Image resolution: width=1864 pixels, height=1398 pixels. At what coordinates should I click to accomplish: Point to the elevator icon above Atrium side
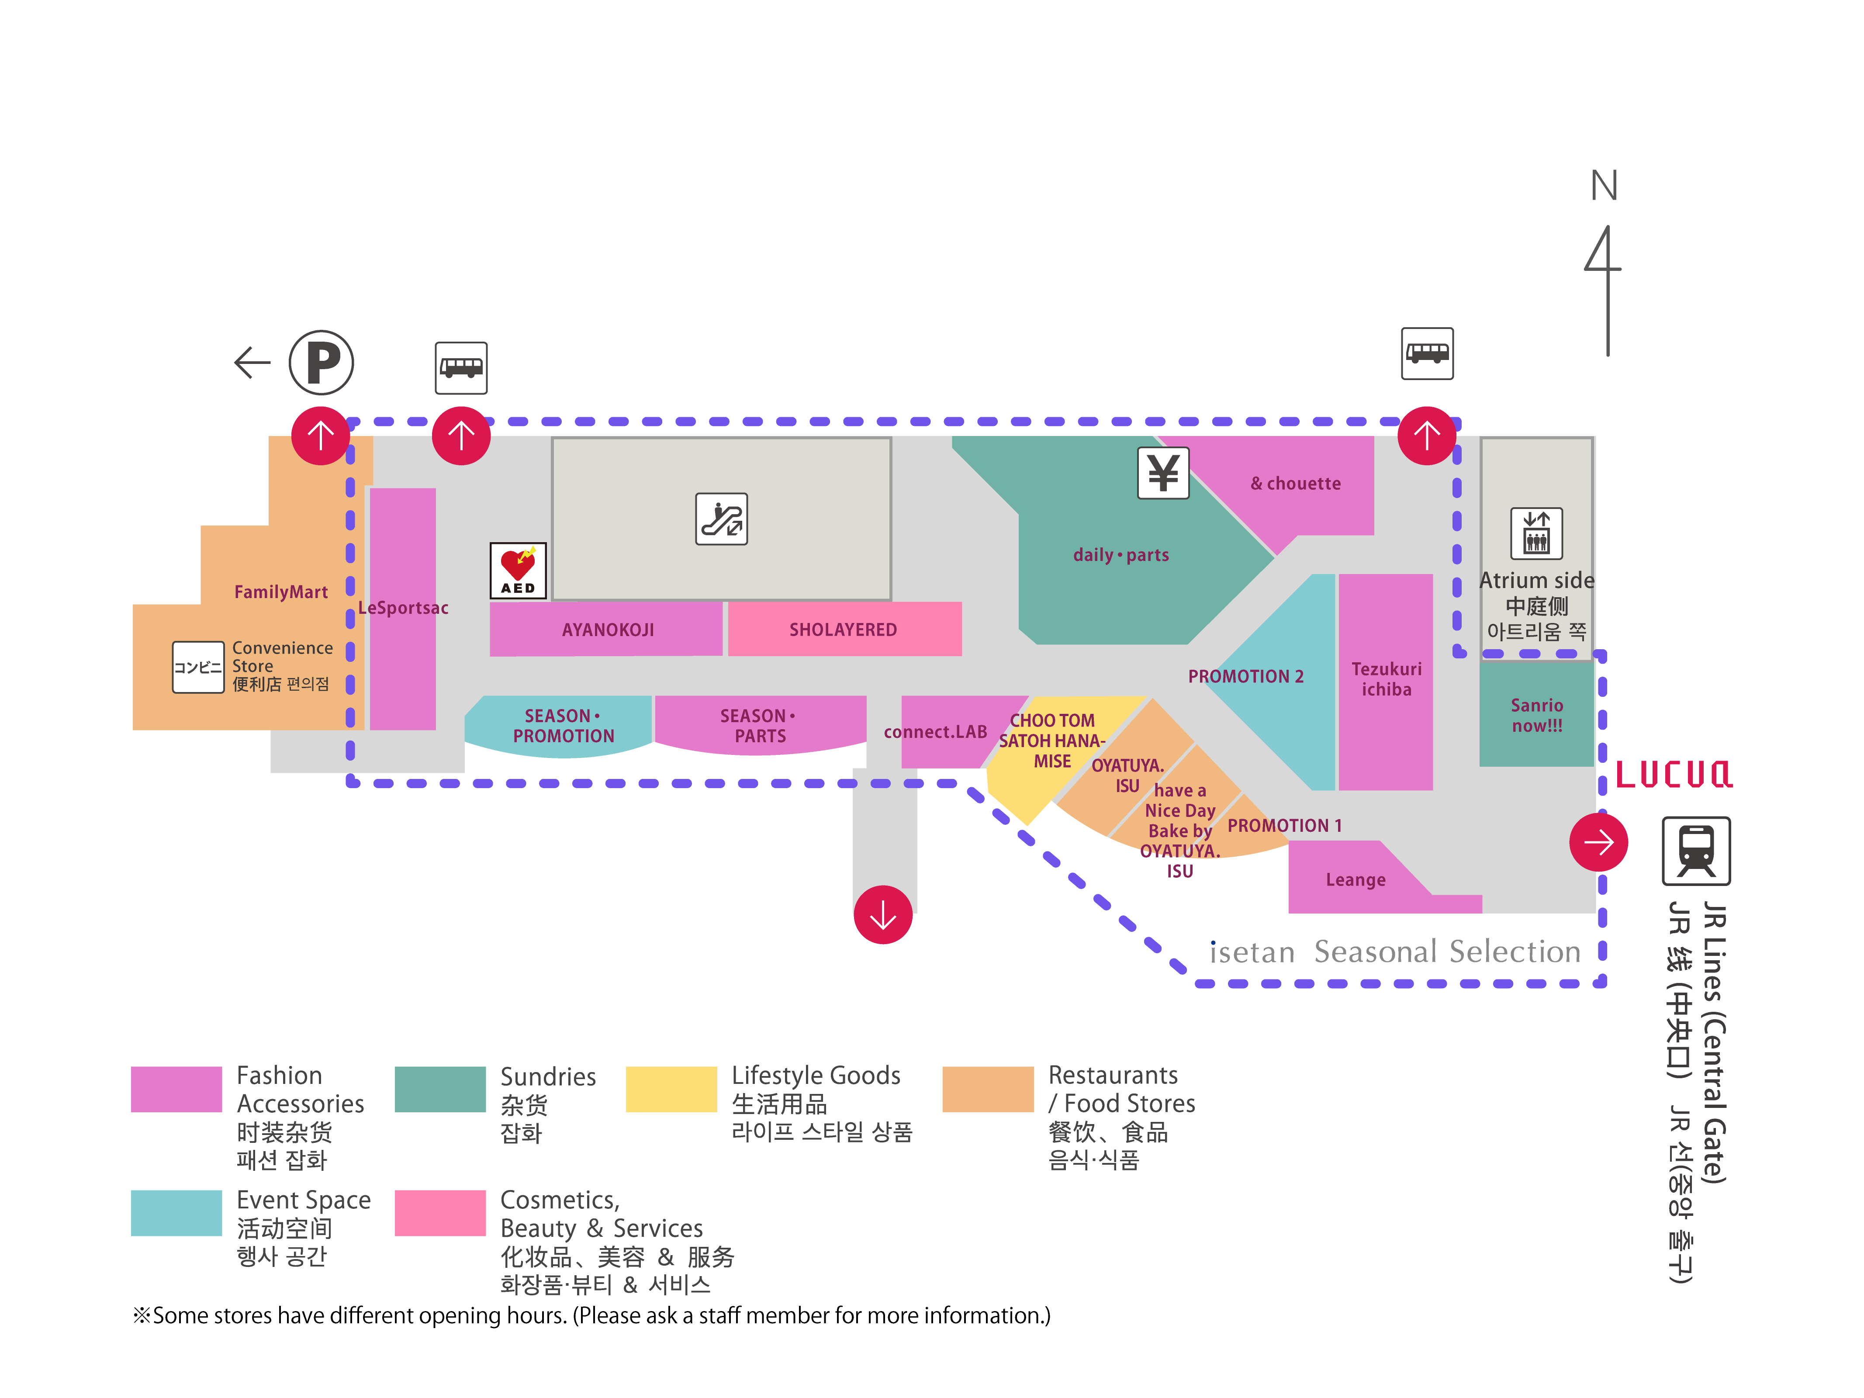(1536, 533)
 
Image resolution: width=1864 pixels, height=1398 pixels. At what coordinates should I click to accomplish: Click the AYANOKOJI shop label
(608, 630)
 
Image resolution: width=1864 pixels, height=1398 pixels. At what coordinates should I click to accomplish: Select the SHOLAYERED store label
(843, 630)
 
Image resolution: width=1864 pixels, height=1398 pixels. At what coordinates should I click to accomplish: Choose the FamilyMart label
(280, 592)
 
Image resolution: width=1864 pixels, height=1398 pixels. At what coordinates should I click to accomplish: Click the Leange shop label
(1355, 880)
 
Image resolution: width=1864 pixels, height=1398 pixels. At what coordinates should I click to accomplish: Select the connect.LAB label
(935, 731)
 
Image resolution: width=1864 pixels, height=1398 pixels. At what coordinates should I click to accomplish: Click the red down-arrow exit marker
(882, 914)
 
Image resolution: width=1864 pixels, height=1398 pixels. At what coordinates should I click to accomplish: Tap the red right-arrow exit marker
(1598, 842)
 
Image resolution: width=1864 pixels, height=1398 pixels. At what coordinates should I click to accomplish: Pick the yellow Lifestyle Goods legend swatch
(671, 1089)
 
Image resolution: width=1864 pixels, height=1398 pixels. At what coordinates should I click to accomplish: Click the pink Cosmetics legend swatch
(440, 1213)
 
